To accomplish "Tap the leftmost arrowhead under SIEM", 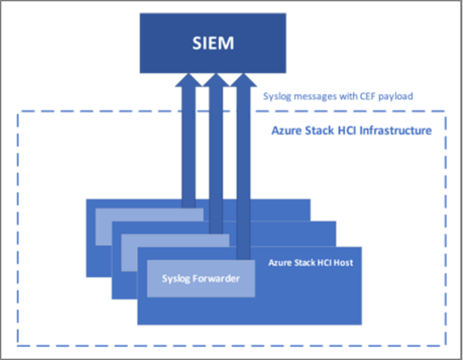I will [188, 80].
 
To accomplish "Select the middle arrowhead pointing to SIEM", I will [215, 80].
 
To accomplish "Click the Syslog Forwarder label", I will [201, 278].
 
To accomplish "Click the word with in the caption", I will [343, 96].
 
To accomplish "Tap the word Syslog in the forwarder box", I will [176, 278].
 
